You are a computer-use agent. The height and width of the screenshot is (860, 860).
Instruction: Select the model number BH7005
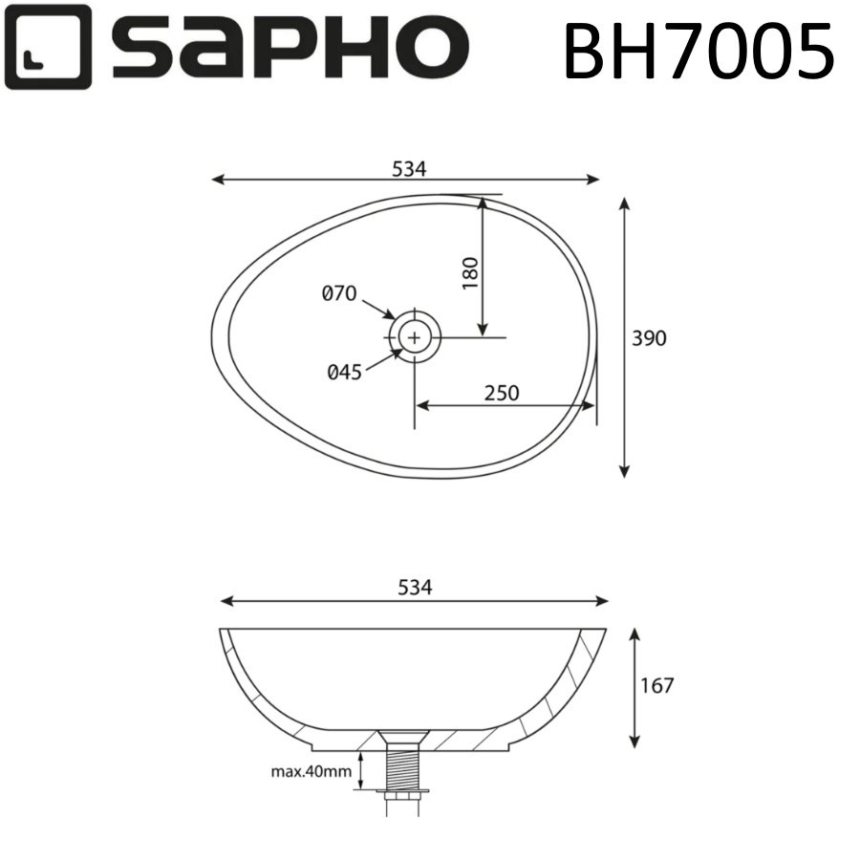click(699, 49)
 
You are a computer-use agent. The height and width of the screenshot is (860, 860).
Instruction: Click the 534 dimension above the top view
click(408, 168)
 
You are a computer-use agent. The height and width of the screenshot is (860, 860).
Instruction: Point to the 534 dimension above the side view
click(415, 589)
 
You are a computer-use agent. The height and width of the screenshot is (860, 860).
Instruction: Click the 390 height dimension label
click(649, 338)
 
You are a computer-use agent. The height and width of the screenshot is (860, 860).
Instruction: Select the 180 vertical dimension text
click(469, 274)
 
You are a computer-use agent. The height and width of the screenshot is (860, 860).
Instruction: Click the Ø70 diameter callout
click(339, 293)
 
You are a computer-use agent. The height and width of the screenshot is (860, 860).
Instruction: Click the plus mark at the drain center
click(415, 336)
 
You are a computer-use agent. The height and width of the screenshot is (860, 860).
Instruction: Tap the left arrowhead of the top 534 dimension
click(218, 179)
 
